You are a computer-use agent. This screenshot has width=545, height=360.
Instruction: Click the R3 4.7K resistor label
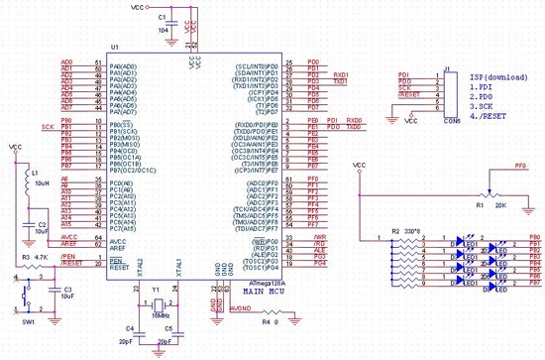pyautogui.click(x=35, y=257)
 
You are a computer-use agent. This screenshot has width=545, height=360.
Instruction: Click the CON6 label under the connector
pyautogui.click(x=451, y=122)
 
